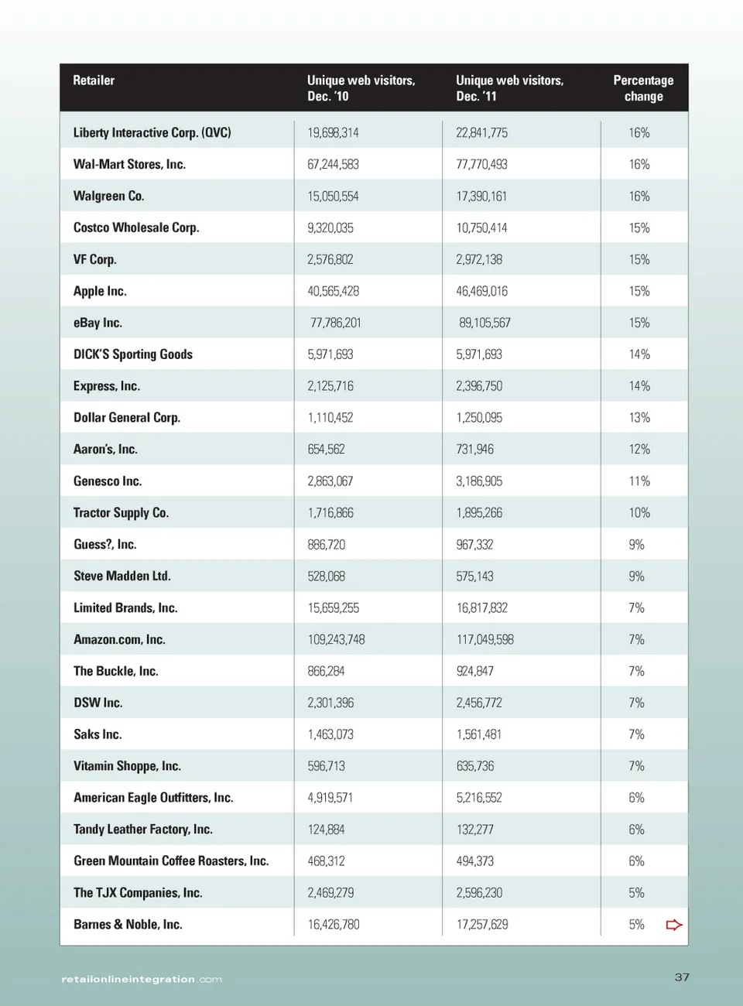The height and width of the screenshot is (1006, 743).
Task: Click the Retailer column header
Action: pos(94,80)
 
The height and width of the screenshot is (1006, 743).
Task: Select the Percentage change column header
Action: pos(643,88)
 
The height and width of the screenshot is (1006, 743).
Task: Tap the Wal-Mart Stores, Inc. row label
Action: pos(129,164)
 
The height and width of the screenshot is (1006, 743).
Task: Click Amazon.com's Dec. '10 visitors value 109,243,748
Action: pos(336,640)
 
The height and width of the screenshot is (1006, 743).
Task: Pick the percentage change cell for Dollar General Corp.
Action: pos(639,418)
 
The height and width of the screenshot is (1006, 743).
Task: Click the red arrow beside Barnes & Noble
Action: pos(674,925)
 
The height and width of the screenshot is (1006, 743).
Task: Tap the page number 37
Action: pos(682,977)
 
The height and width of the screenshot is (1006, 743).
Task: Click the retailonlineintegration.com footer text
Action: pos(142,980)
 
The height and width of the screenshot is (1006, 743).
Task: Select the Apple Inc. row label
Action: pos(100,291)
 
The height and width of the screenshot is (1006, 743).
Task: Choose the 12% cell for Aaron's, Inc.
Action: pos(639,450)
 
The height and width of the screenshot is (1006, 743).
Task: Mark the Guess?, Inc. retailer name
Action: pos(105,545)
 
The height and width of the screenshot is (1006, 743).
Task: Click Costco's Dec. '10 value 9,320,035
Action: pos(330,228)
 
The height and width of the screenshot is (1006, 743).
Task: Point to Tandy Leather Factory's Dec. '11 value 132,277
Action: pos(475,830)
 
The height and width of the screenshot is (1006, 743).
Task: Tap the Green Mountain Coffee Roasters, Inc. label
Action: pos(171,861)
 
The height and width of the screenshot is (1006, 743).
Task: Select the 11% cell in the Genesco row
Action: pos(639,481)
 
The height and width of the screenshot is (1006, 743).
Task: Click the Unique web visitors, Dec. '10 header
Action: pos(361,88)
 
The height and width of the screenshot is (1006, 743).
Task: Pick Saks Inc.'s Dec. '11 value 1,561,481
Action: pos(479,734)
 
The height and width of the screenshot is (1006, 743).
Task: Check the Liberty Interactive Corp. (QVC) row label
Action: pos(152,132)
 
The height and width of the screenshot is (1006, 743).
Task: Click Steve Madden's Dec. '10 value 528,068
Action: pos(327,577)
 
